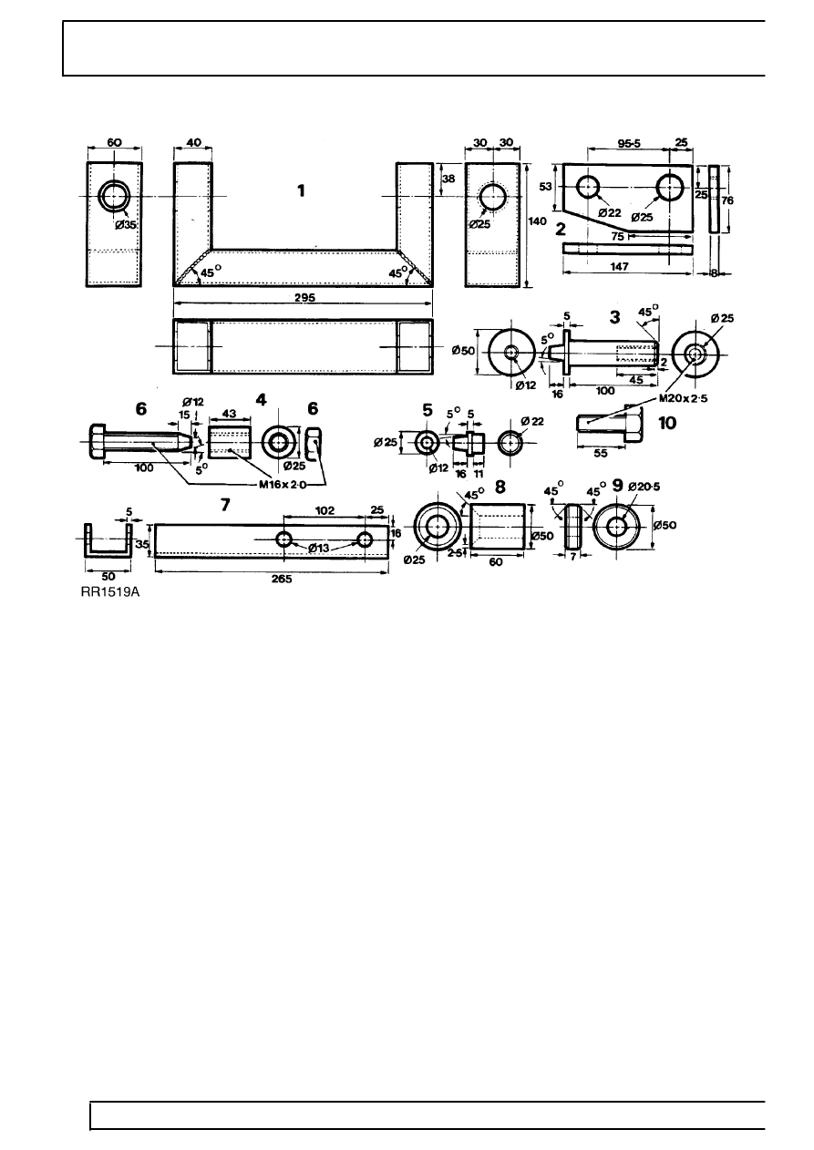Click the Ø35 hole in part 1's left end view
pyautogui.click(x=115, y=196)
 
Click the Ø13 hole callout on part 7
pyautogui.click(x=325, y=549)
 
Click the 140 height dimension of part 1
pyautogui.click(x=539, y=221)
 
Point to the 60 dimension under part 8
pyautogui.click(x=495, y=563)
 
